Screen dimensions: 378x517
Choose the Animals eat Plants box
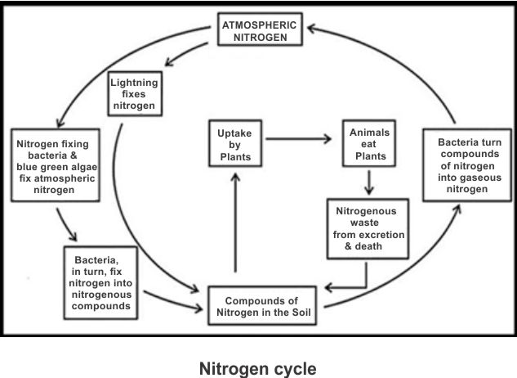pos(369,144)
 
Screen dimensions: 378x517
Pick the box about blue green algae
pos(56,166)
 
